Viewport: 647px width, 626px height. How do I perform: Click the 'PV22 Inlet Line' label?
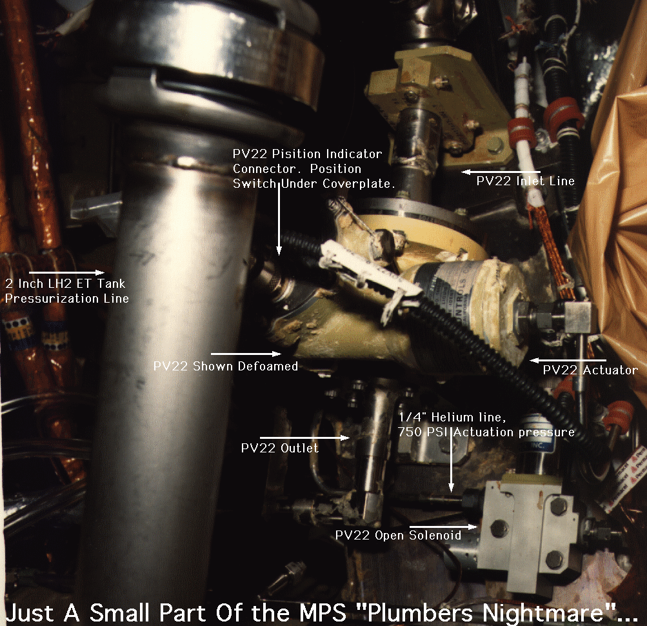[x=525, y=181]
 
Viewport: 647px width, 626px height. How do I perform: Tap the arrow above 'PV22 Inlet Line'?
[x=501, y=172]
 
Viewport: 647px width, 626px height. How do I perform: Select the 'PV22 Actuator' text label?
[x=590, y=370]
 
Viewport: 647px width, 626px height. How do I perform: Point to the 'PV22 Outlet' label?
[x=280, y=448]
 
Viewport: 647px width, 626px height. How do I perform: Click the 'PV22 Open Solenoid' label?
[x=398, y=535]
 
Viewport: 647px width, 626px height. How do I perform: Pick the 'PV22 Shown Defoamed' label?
[x=225, y=366]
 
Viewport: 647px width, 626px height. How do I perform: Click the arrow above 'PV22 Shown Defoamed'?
[x=246, y=354]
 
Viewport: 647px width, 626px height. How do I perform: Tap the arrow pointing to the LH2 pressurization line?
[x=67, y=272]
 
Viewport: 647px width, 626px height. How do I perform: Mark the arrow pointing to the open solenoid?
[x=443, y=527]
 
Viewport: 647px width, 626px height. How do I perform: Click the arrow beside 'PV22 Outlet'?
[x=305, y=438]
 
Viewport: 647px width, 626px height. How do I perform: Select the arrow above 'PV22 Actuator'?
[x=568, y=361]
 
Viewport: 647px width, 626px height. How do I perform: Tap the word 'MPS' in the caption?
[x=323, y=612]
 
